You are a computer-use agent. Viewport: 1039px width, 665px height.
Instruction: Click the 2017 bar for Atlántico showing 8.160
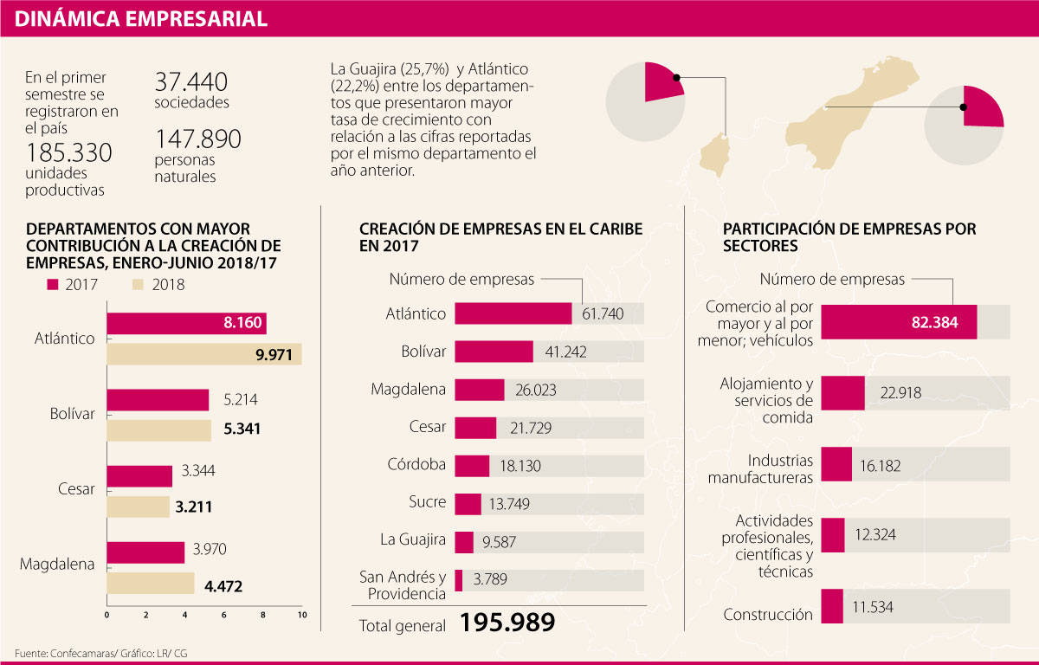point(186,323)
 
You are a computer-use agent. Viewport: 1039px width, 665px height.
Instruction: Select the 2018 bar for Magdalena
point(150,584)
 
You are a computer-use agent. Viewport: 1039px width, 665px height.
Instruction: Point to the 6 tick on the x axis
point(224,615)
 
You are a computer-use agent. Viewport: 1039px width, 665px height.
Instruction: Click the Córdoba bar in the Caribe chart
point(472,465)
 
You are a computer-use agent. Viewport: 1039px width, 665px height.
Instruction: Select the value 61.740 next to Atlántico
point(603,313)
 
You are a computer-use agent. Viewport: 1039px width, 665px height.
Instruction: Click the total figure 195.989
point(507,623)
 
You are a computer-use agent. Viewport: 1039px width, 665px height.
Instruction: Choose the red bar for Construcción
point(832,605)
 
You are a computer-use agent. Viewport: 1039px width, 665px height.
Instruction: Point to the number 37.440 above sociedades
point(191,82)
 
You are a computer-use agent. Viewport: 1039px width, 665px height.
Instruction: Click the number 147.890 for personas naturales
point(197,139)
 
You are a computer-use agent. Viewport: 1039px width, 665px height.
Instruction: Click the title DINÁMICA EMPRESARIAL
point(140,18)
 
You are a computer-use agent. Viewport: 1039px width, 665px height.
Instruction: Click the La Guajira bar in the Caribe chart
point(464,542)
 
